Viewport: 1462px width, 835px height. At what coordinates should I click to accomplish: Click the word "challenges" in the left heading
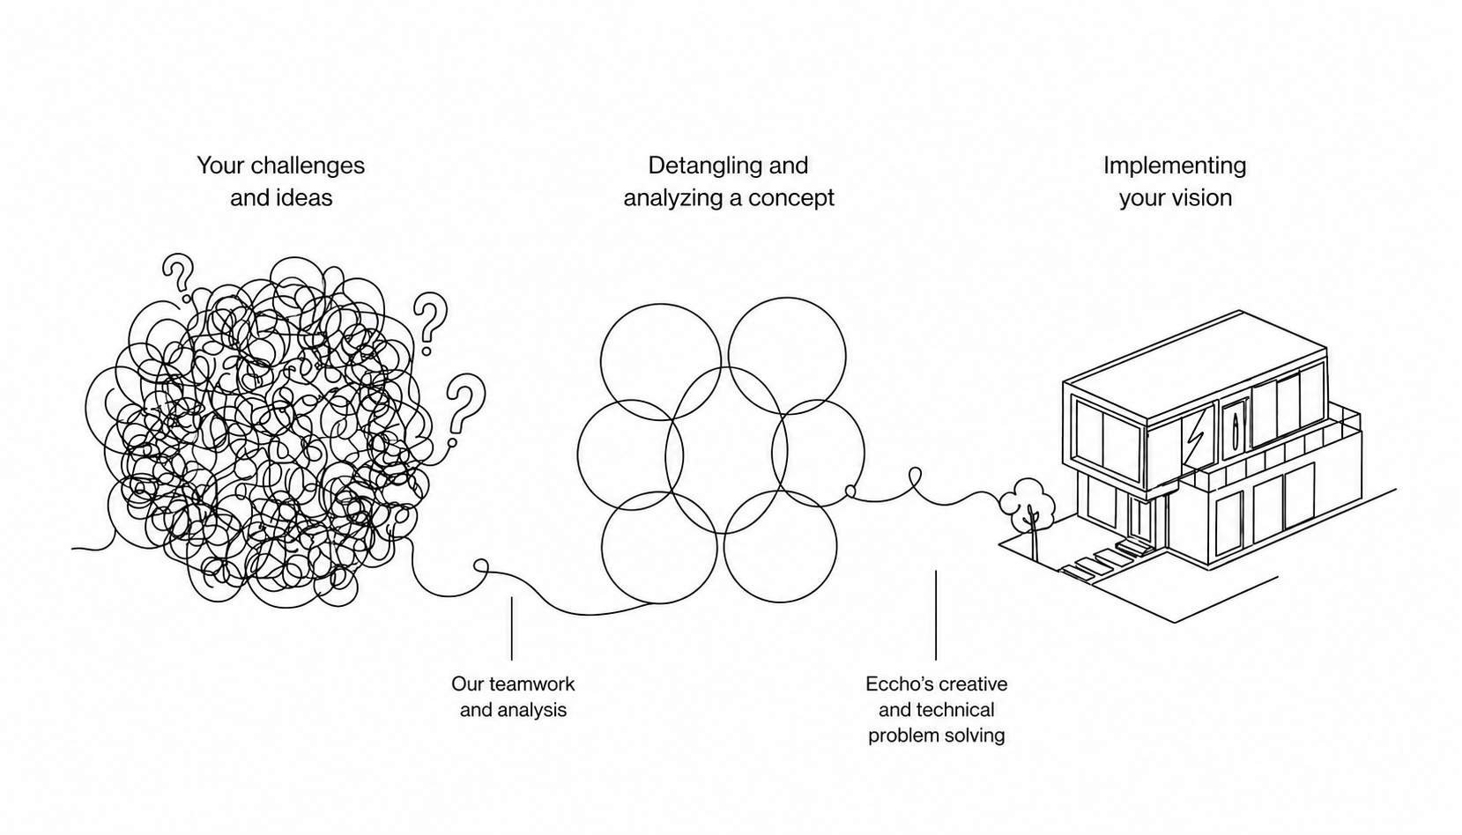[308, 166]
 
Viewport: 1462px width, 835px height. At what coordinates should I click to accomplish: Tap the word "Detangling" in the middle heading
[706, 166]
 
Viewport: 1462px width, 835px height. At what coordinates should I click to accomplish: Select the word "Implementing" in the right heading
[1175, 166]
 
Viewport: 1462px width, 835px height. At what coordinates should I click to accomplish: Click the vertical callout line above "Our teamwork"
[512, 628]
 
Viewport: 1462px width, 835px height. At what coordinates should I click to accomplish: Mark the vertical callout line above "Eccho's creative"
[935, 615]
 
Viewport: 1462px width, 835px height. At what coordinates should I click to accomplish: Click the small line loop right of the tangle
[481, 565]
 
